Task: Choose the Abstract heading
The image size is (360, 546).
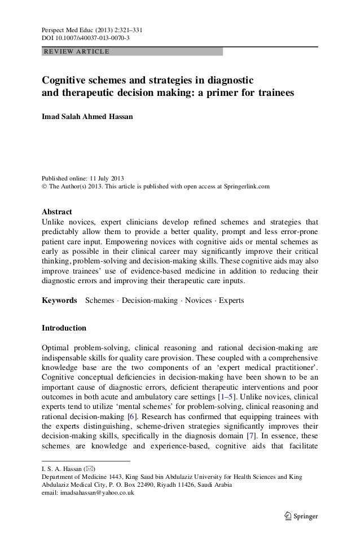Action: [x=58, y=212]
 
